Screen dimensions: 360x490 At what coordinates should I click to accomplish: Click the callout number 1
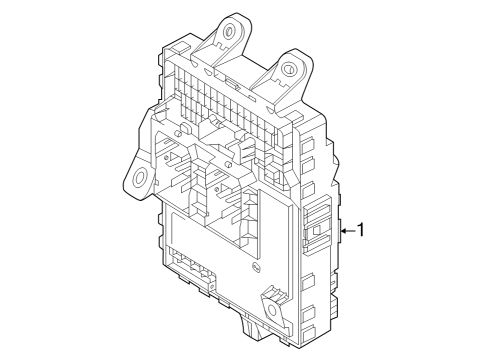(x=362, y=230)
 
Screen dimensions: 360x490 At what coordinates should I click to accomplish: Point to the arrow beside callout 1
(x=346, y=231)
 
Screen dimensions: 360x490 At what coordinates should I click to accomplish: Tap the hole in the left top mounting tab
(x=231, y=31)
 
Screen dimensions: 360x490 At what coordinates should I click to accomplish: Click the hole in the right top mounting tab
(x=289, y=70)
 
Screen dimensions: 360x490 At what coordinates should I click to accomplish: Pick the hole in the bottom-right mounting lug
(x=272, y=297)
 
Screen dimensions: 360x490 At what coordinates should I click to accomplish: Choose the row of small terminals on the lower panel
(x=190, y=265)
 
